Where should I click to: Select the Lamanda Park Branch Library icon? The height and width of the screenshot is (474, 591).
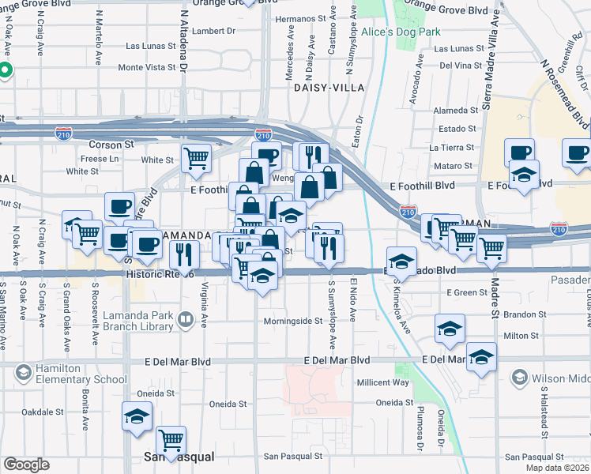click(x=185, y=320)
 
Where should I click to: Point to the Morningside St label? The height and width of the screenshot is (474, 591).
click(x=292, y=321)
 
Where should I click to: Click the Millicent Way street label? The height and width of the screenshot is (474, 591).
click(x=382, y=382)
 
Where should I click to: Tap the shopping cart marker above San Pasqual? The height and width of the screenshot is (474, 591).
click(x=171, y=439)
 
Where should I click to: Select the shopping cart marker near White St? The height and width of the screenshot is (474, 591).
click(x=196, y=156)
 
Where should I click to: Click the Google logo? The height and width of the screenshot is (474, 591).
click(x=26, y=464)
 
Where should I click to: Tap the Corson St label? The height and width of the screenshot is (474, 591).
click(x=106, y=145)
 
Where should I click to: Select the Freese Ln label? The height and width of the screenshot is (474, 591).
click(x=100, y=159)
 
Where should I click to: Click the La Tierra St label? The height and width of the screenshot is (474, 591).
click(x=453, y=147)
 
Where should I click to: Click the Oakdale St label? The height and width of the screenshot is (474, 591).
click(x=42, y=412)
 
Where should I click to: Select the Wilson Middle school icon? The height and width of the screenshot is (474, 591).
click(x=519, y=377)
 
